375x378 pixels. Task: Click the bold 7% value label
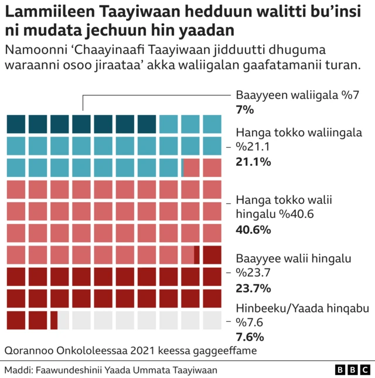pos(244,110)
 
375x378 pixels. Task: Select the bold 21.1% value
pos(253,162)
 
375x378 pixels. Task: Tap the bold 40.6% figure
pos(253,230)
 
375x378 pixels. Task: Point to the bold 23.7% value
pos(253,288)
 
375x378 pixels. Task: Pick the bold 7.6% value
pos(249,337)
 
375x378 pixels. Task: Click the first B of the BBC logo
pos(340,370)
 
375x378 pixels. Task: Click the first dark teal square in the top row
pos(16,124)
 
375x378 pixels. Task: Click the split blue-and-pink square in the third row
pos(190,168)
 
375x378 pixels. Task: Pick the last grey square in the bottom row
pos(212,321)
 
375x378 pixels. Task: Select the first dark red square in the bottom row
pos(16,321)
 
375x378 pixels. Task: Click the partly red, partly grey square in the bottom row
pos(59,321)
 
